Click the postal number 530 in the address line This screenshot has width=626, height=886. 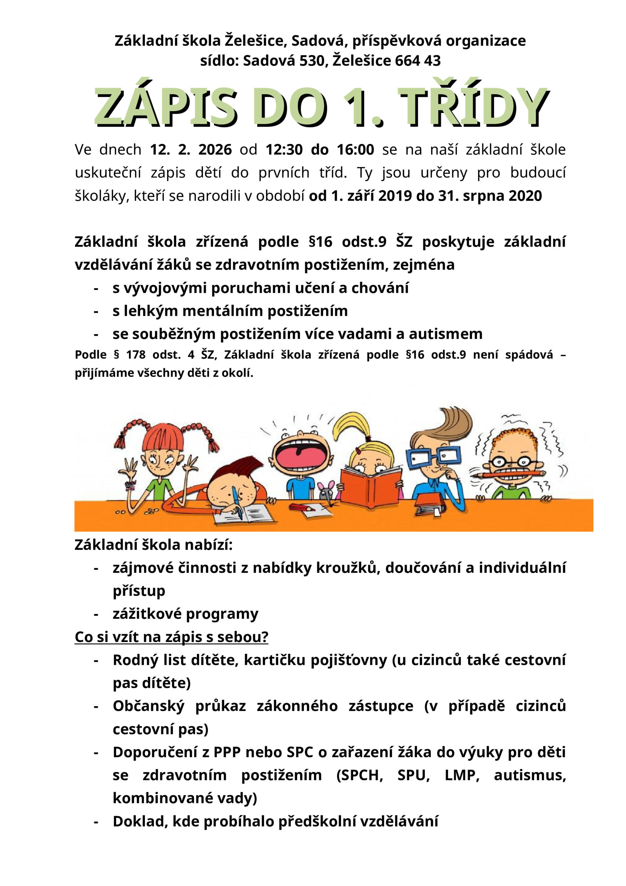pyautogui.click(x=312, y=61)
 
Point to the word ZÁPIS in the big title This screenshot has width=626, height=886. pyautogui.click(x=165, y=107)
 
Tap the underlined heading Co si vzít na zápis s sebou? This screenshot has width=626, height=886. pyautogui.click(x=171, y=637)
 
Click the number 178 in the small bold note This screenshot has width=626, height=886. pyautogui.click(x=136, y=355)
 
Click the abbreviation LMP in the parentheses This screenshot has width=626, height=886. pyautogui.click(x=462, y=775)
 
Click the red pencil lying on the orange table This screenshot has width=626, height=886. pyautogui.click(x=303, y=508)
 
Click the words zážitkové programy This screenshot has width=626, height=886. pyautogui.click(x=185, y=614)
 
